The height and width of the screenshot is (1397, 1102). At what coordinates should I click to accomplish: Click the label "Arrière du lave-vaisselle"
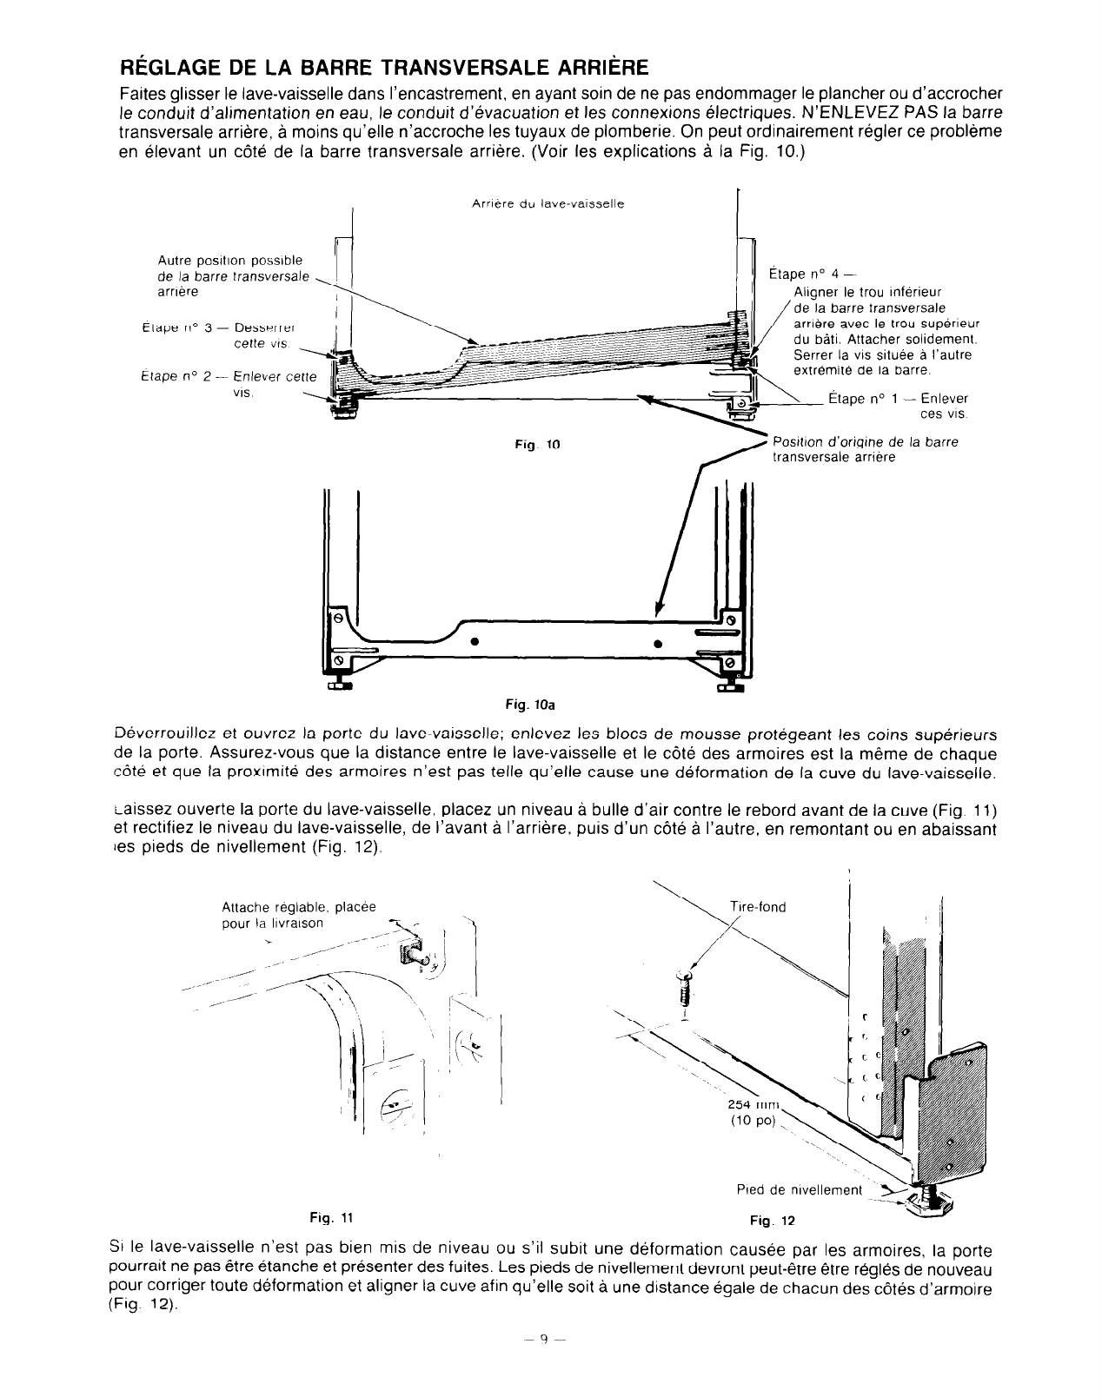point(548,203)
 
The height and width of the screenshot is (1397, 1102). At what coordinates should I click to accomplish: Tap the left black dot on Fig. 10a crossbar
point(475,642)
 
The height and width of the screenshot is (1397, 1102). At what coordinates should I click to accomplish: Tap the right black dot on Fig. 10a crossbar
point(658,644)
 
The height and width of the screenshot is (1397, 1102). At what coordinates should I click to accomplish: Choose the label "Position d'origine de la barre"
point(865,442)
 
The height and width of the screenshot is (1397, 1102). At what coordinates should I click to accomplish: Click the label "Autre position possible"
point(230,261)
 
